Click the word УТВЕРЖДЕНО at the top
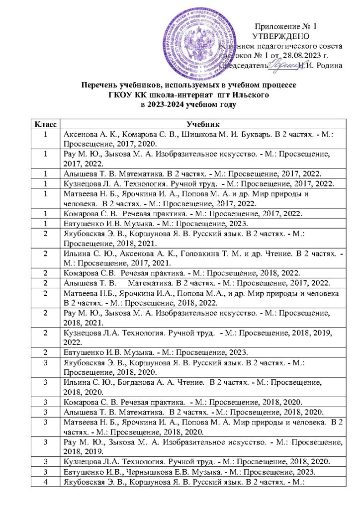coord(281,36)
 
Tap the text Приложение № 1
coord(285,26)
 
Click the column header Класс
coord(45,123)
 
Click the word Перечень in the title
coord(104,85)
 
